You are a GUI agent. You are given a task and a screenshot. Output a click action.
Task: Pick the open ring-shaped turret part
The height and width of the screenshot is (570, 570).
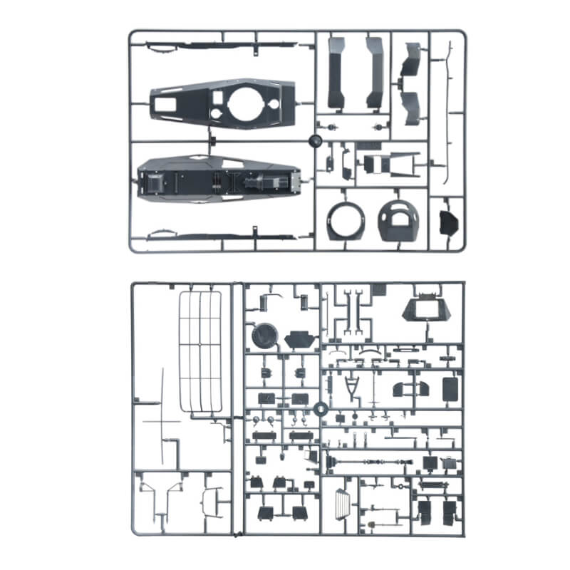click(345, 221)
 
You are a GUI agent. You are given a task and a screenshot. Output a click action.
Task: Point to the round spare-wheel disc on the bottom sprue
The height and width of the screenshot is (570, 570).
click(264, 335)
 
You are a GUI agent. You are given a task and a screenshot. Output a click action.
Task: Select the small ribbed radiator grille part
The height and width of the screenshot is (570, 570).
click(343, 505)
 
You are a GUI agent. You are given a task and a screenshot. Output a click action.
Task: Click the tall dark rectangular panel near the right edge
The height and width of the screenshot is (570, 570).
click(450, 388)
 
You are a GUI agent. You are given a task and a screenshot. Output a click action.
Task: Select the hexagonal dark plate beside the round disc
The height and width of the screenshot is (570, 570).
click(299, 339)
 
